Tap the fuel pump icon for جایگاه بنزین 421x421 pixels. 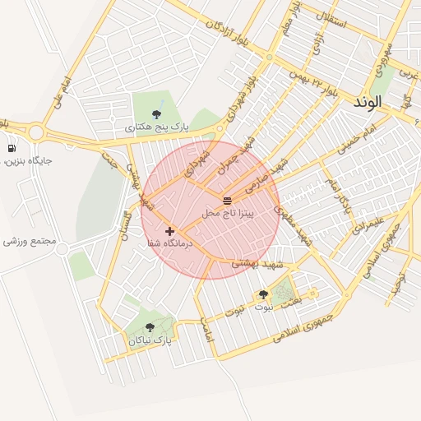click(x=12, y=149)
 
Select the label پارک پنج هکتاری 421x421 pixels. click(x=157, y=128)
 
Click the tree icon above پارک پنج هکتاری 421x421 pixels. click(x=157, y=114)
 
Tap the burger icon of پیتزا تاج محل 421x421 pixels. click(x=228, y=201)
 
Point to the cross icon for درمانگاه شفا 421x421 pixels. click(x=170, y=232)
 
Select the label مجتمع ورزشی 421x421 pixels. click(x=30, y=242)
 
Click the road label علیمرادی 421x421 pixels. click(x=365, y=225)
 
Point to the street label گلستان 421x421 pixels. click(x=126, y=224)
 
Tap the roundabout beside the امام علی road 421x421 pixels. click(x=36, y=131)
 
